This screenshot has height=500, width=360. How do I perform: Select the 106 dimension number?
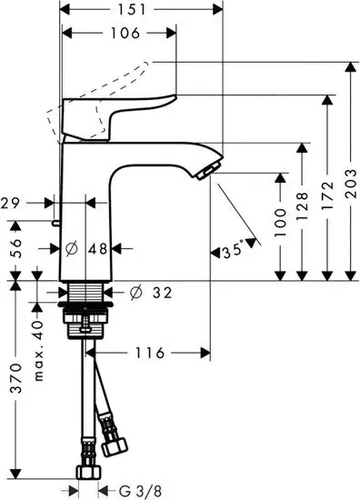pos(117,34)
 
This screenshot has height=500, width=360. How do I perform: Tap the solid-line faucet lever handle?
pos(136,105)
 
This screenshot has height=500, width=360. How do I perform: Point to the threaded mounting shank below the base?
pos(86,293)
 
